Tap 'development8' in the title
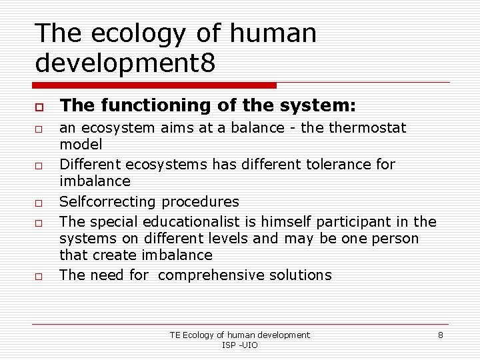point(125,64)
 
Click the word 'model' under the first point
point(81,144)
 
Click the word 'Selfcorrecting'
point(106,201)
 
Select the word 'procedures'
point(198,201)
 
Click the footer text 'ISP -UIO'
point(240,345)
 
